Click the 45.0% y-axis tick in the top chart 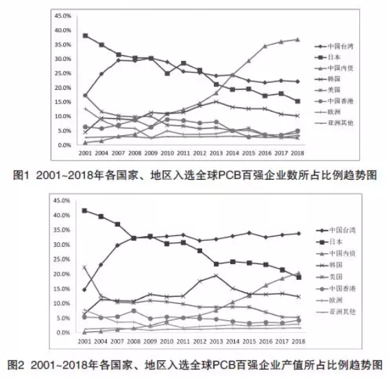tap(63, 14)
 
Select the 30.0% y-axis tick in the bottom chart tap(63, 245)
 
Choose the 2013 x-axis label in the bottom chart tap(215, 342)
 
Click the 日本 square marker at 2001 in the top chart tap(85, 36)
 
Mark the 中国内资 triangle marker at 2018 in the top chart tap(298, 39)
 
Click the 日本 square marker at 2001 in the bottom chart tap(85, 211)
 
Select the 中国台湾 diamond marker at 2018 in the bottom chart tap(298, 233)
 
